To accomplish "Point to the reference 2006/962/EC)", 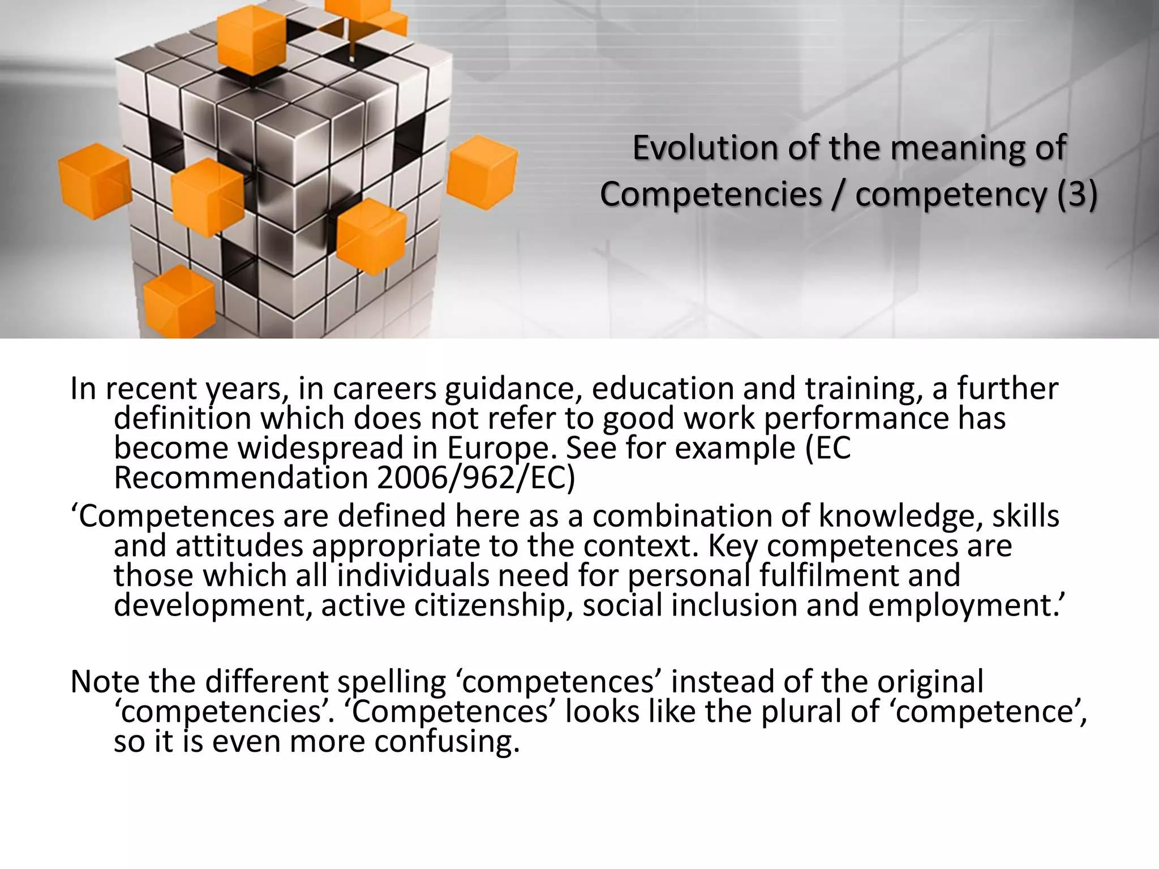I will click(x=475, y=478).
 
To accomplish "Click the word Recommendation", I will click(x=241, y=478).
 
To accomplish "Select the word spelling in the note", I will click(x=392, y=682).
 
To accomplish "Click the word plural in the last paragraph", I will click(x=801, y=711).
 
